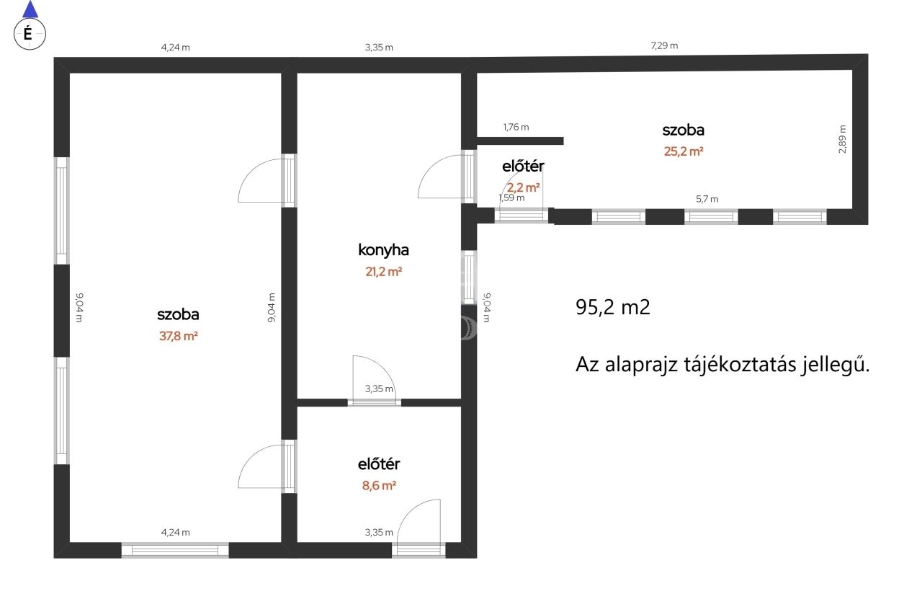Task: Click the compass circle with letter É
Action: pyautogui.click(x=30, y=34)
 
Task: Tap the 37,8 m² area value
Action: pyautogui.click(x=178, y=336)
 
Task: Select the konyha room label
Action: pyautogui.click(x=383, y=250)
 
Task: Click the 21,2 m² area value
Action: pyautogui.click(x=383, y=272)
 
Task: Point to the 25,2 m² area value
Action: pyautogui.click(x=684, y=151)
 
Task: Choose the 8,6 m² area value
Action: pyautogui.click(x=379, y=486)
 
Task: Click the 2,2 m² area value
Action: pyautogui.click(x=523, y=188)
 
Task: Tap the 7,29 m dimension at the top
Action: pyautogui.click(x=664, y=45)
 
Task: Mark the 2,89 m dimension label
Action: pyautogui.click(x=843, y=139)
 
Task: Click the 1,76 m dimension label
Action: pyautogui.click(x=516, y=128)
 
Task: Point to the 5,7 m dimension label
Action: pyautogui.click(x=707, y=200)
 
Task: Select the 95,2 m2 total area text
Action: pyautogui.click(x=612, y=307)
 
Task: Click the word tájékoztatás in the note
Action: pyautogui.click(x=740, y=365)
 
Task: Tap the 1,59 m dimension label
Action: pyautogui.click(x=511, y=198)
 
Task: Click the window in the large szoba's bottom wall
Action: pyautogui.click(x=175, y=550)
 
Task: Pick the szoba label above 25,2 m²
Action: pyautogui.click(x=684, y=130)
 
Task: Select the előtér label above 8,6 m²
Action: pyautogui.click(x=379, y=464)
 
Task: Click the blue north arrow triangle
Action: pyautogui.click(x=30, y=9)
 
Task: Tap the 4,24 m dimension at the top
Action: pyautogui.click(x=175, y=48)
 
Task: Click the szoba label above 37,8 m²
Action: pyautogui.click(x=178, y=314)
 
